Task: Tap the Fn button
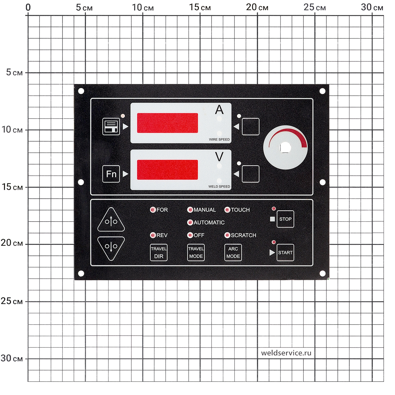(x=111, y=174)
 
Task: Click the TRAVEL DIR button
(x=159, y=253)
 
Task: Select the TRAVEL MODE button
(x=196, y=253)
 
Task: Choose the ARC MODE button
(x=233, y=253)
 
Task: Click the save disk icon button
(x=111, y=126)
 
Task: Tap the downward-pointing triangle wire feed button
(x=111, y=248)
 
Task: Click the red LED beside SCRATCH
(x=227, y=235)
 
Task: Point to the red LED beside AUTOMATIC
(x=190, y=223)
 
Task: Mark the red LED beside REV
(x=153, y=235)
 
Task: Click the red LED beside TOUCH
(x=227, y=210)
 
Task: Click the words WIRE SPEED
(x=219, y=139)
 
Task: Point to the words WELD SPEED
(x=219, y=186)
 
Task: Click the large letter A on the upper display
(x=219, y=110)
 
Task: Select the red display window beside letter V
(x=167, y=170)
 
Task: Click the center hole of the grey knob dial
(x=285, y=148)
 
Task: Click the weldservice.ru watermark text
(x=286, y=353)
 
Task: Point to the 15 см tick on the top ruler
(x=200, y=7)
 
